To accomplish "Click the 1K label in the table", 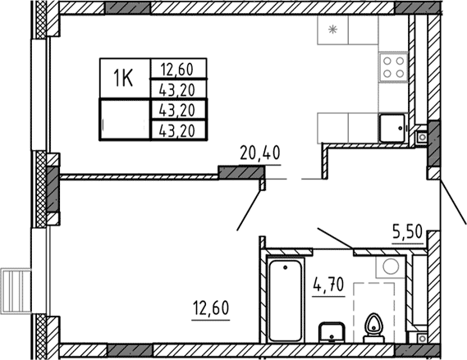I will coord(123,77).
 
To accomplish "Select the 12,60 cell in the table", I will coord(177,69).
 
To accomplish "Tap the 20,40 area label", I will coord(255,152).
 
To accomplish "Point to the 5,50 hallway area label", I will coord(406,232).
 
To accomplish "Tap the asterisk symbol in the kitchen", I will coord(332,30).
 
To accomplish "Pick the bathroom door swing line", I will coord(336,239).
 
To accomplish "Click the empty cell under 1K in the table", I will coord(123,118).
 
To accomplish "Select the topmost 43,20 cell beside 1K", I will coord(177,89).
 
